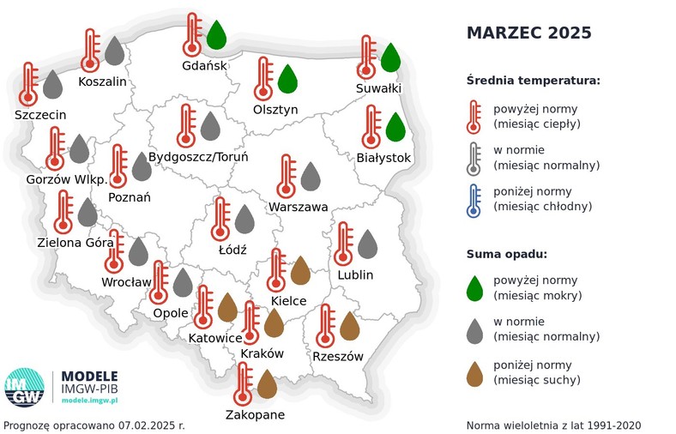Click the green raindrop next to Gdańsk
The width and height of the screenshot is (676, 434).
tap(216, 36)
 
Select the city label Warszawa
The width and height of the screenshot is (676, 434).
tap(298, 207)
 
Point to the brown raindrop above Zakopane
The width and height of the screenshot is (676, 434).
tap(267, 384)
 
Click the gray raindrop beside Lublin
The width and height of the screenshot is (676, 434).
tap(367, 244)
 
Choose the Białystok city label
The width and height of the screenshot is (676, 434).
tap(383, 158)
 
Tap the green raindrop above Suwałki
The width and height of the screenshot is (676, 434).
tap(390, 57)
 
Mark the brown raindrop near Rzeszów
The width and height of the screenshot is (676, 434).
tap(349, 327)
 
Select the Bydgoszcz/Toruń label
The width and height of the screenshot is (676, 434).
tap(198, 157)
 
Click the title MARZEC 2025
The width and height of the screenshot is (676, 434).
tap(528, 33)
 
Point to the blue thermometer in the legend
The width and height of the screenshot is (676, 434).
tap(474, 199)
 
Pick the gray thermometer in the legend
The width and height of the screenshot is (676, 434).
tap(474, 158)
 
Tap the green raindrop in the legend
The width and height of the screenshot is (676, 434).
tap(474, 288)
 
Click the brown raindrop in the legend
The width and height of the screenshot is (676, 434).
tap(474, 372)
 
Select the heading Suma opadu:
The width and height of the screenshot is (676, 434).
tap(507, 254)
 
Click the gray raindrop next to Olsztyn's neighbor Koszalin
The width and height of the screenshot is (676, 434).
tap(114, 51)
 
